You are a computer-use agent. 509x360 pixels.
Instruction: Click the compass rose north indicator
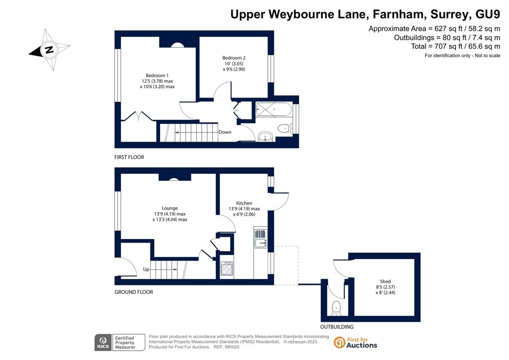pos(49,50)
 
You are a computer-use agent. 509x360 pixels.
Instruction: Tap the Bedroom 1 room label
pos(157,76)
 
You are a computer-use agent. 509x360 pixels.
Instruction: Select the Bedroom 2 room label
pos(234,58)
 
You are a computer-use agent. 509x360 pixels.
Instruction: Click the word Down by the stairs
pos(225,132)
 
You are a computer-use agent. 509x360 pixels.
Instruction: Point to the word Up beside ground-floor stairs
pos(146,270)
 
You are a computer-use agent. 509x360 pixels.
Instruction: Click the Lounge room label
pos(170,208)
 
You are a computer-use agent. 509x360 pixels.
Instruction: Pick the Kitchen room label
pos(244,203)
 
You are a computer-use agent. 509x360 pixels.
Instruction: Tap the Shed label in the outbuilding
pos(385,281)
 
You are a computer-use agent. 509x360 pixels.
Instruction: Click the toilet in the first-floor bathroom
pos(284,129)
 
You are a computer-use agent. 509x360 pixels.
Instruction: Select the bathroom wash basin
pos(266,137)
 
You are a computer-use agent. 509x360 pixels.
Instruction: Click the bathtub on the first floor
pos(274,109)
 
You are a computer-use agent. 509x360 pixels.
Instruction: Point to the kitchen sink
pos(260,239)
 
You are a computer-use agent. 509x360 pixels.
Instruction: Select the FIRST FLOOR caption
pos(129,157)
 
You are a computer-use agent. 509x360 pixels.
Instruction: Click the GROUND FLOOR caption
pos(134,292)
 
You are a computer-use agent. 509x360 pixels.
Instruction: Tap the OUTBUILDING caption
pos(337,327)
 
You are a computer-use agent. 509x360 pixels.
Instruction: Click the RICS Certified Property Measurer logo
pos(120,343)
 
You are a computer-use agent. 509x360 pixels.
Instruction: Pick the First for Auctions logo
pos(355,343)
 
